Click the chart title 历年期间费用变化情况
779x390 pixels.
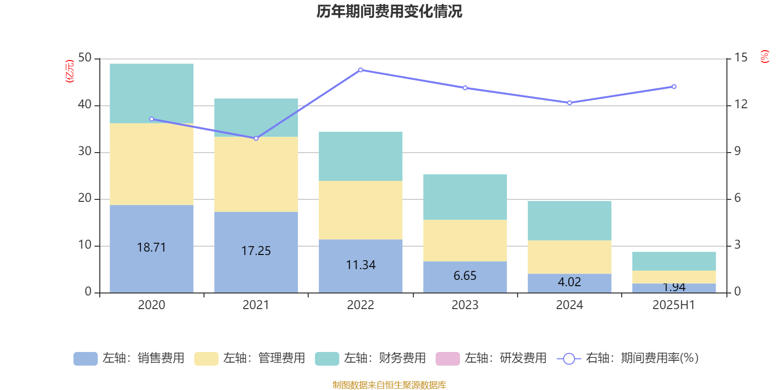point(389,11)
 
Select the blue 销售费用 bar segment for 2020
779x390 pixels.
point(151,263)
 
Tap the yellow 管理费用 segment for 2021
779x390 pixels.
point(256,174)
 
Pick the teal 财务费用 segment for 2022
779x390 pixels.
point(360,156)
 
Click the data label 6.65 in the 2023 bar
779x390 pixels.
point(465,276)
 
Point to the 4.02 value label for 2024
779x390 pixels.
point(569,282)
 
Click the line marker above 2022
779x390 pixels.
point(360,70)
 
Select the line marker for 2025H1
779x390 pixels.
point(674,86)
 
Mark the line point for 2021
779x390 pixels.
point(256,138)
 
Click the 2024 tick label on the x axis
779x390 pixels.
point(569,305)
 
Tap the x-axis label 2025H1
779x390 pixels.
point(674,305)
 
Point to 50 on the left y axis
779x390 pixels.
point(85,58)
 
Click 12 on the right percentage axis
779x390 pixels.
point(741,104)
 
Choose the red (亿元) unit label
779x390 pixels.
point(70,71)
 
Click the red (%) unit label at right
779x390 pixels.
point(764,57)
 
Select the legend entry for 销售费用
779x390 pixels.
point(129,358)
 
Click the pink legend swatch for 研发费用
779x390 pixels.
point(447,359)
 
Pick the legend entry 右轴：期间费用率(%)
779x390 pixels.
point(628,358)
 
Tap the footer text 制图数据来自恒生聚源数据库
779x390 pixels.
point(389,385)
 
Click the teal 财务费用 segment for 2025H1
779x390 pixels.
point(674,261)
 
